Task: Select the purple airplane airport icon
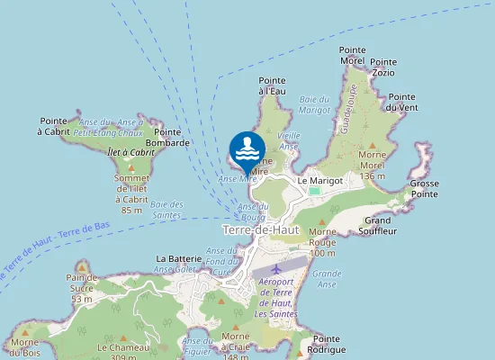pos(275,267)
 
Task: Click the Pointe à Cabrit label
pos(54,126)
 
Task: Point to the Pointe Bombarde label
pos(166,137)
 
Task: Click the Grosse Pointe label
pos(424,188)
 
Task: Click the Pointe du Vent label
pos(401,102)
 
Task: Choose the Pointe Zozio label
pos(383,67)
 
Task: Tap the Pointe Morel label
pos(352,55)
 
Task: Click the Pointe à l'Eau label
pos(272,85)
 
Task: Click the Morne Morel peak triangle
pos(373,145)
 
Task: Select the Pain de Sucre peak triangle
pos(82,267)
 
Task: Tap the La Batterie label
pos(177,258)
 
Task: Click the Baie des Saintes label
pos(166,209)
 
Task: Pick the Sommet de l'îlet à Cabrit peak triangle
pos(131,167)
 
